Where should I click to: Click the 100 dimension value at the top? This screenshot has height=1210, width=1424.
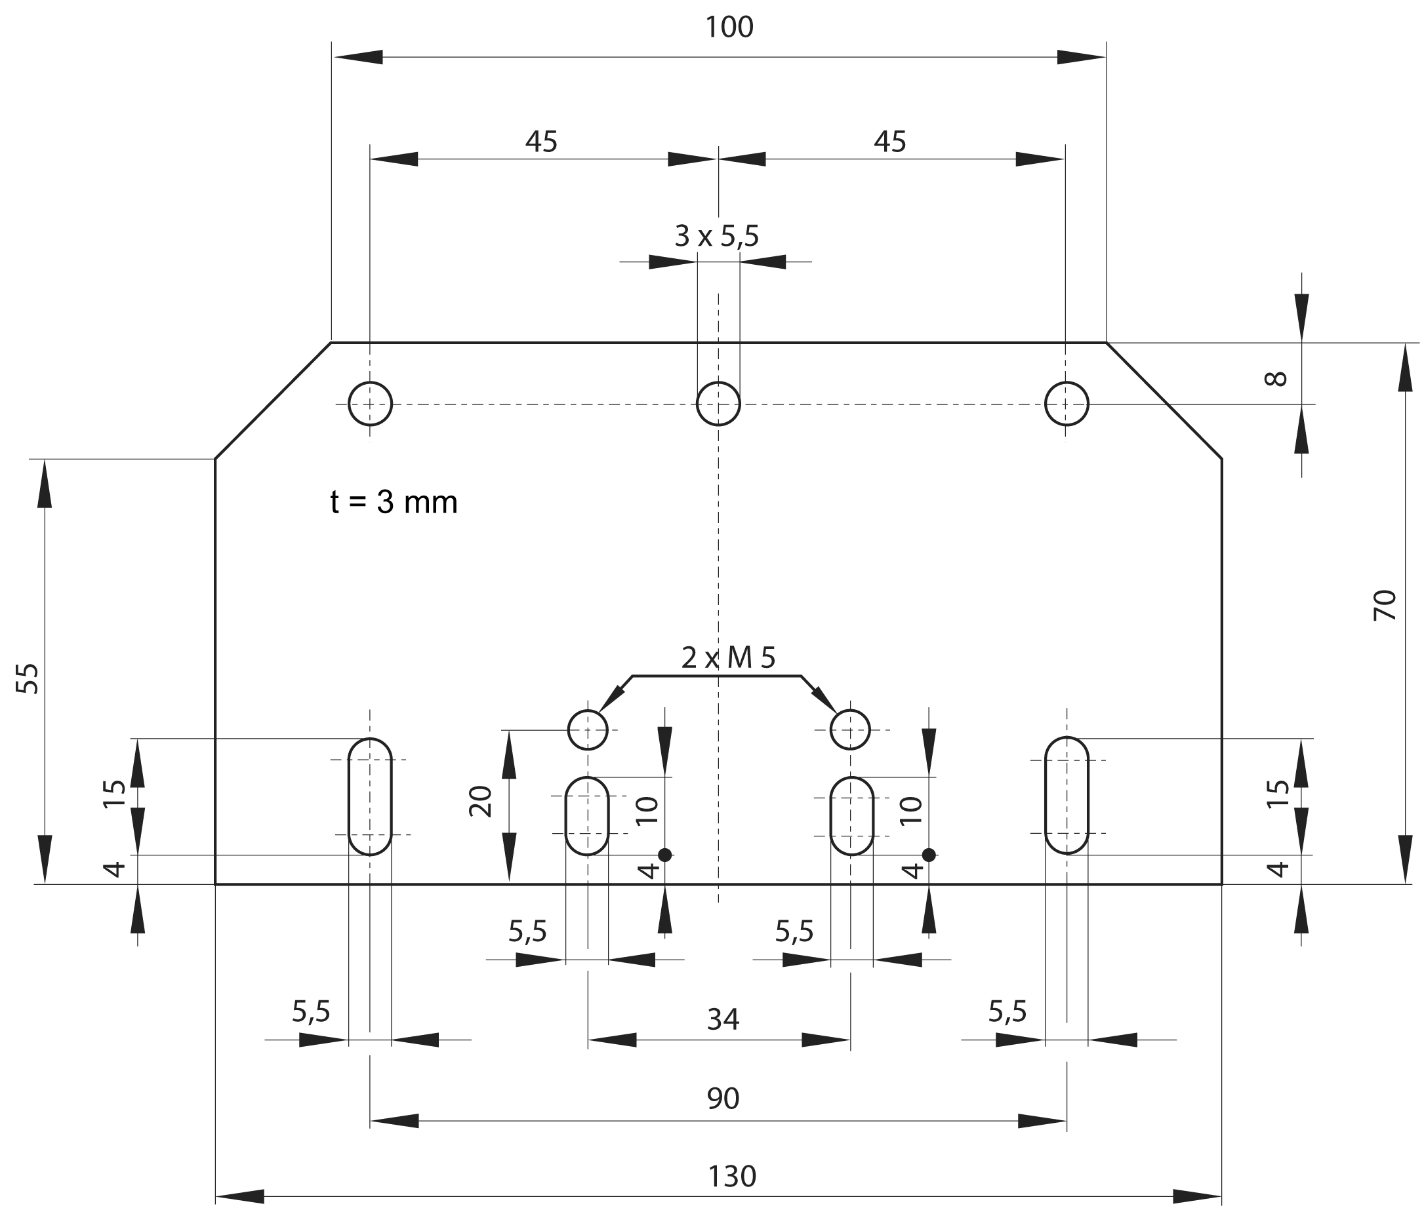(x=729, y=28)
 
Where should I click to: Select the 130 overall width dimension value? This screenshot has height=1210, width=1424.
(x=731, y=1177)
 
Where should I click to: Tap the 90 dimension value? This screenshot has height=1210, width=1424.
(x=723, y=1099)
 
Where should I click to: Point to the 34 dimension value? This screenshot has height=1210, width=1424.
(x=723, y=1020)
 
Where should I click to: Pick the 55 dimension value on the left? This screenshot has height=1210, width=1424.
(x=28, y=678)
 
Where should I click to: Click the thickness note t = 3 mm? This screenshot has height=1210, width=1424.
(x=394, y=502)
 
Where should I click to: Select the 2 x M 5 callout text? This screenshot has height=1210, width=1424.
(x=728, y=658)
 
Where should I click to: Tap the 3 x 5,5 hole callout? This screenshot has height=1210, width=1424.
(x=716, y=237)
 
